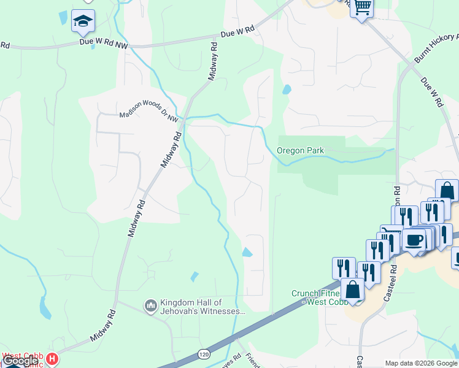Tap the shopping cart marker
pos(362,7)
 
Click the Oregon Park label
pos(299,150)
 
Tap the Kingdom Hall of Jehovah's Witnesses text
pos(202,307)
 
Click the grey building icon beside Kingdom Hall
pos(150,305)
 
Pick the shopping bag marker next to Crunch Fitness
pos(353,290)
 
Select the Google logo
pos(20,361)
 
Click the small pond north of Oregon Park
pos(286,89)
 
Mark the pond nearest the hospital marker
pos(45,307)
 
